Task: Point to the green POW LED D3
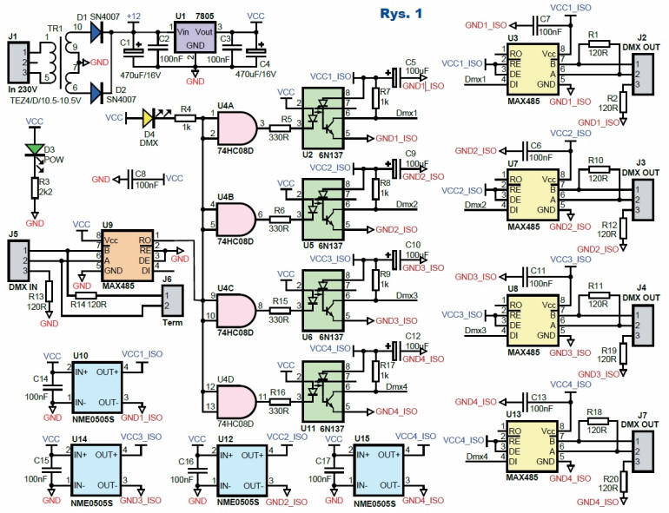pyautogui.click(x=34, y=148)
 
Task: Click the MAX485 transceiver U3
pyautogui.click(x=533, y=72)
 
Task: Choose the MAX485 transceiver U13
pyautogui.click(x=533, y=447)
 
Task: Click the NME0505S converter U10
pyautogui.click(x=95, y=387)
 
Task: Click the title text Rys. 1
pyautogui.click(x=401, y=14)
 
